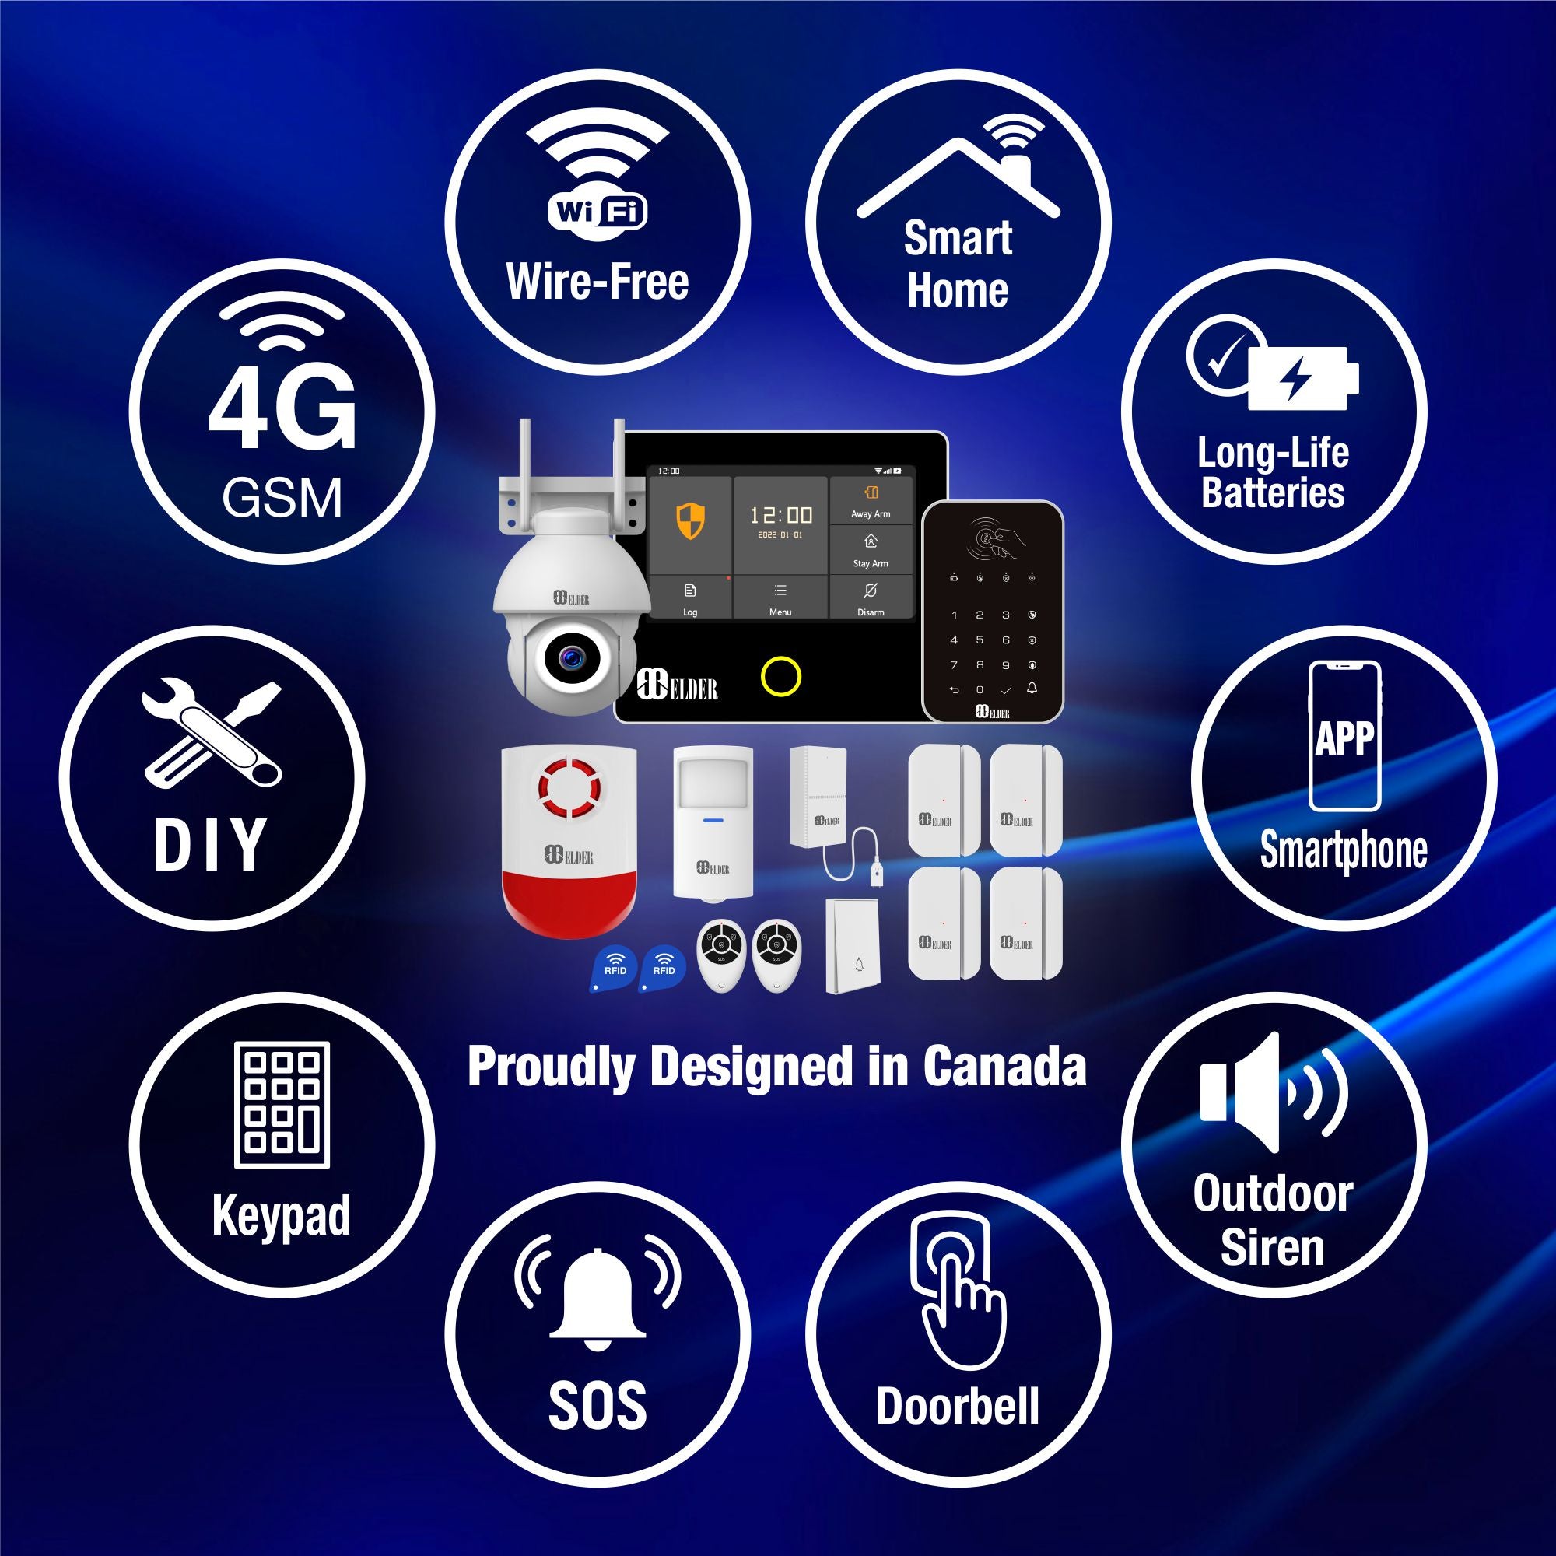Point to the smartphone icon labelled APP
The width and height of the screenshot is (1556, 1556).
[x=1344, y=736]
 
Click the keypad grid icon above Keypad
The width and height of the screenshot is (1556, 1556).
[x=282, y=1104]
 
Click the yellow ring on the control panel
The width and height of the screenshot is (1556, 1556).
[x=780, y=676]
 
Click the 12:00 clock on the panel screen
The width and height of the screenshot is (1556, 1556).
[x=780, y=516]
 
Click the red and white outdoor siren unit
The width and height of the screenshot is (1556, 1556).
[x=569, y=842]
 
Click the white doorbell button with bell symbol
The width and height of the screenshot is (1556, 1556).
[x=854, y=946]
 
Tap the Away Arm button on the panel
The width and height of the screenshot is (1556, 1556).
[x=871, y=501]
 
